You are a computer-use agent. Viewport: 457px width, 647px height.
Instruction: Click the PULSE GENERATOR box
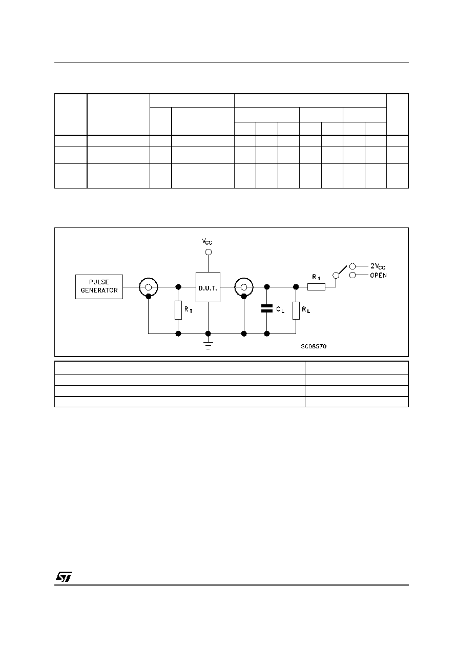click(x=99, y=286)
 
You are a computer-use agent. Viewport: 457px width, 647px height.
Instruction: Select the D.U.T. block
click(x=208, y=287)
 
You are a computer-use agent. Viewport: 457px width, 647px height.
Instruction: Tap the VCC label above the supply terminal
click(x=207, y=241)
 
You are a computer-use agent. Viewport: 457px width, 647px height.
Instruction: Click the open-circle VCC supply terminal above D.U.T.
click(x=209, y=252)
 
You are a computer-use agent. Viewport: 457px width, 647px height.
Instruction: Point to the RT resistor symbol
click(x=178, y=310)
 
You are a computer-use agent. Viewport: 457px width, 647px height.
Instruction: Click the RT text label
click(x=189, y=309)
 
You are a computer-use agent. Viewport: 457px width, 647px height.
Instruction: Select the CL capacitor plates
click(x=267, y=308)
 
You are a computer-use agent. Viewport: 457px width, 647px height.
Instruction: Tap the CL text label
click(x=280, y=309)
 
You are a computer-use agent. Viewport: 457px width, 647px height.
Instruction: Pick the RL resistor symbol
click(x=296, y=310)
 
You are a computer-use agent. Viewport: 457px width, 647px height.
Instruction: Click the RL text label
click(x=306, y=309)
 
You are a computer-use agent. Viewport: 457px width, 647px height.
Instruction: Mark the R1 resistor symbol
click(x=316, y=287)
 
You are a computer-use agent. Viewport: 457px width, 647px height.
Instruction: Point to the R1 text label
click(x=316, y=277)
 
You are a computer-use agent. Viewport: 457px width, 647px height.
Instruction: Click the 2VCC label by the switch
click(x=378, y=266)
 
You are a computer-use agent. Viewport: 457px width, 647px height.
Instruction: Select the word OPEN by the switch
click(x=379, y=275)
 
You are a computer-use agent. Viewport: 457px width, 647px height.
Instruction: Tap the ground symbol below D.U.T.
click(x=208, y=346)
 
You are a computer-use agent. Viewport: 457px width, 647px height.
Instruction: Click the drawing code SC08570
click(x=314, y=346)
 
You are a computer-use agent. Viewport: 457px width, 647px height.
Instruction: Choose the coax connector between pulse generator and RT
click(x=149, y=287)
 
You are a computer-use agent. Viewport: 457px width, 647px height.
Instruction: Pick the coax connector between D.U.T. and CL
click(x=244, y=287)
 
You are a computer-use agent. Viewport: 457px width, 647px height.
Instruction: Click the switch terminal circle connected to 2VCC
click(x=352, y=266)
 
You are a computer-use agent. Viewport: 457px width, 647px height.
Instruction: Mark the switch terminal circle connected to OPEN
click(x=352, y=275)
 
